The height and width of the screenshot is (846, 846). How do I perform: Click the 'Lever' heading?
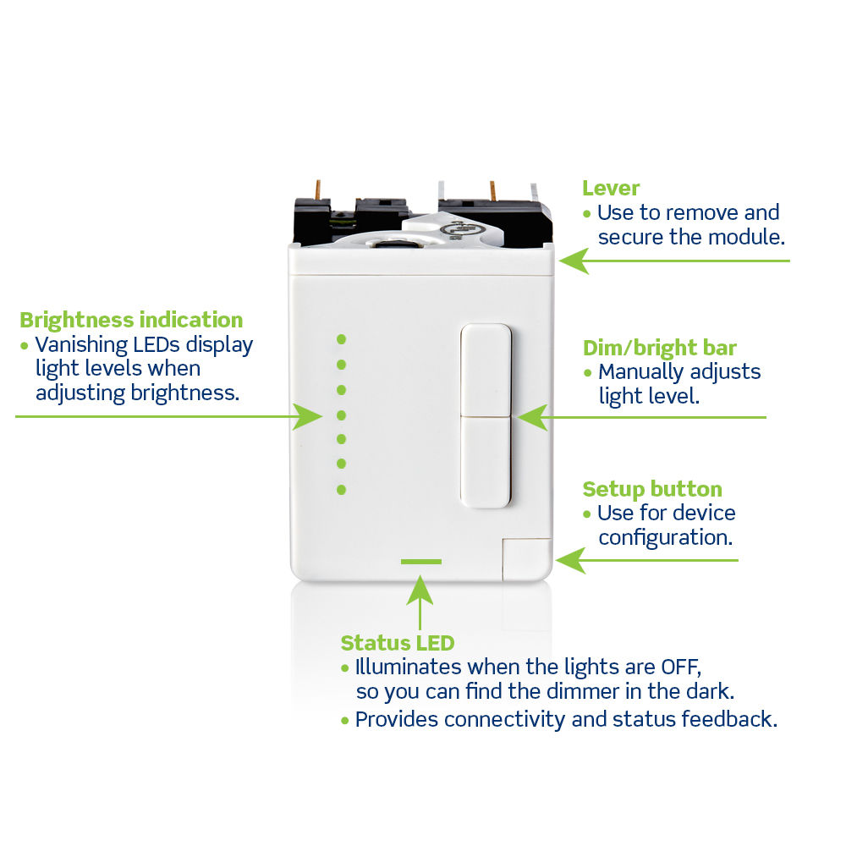point(611,188)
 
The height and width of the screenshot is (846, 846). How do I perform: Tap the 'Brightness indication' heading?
point(131,320)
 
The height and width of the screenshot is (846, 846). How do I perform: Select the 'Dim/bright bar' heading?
point(659,348)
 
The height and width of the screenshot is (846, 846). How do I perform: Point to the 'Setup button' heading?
point(652,489)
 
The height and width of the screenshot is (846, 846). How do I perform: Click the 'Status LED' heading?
point(397,643)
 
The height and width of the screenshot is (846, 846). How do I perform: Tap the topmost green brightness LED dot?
point(342,338)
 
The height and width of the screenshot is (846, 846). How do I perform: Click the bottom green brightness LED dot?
point(342,489)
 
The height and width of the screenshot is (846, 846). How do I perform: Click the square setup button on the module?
point(525,558)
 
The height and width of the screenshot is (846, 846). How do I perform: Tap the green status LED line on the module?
point(421,561)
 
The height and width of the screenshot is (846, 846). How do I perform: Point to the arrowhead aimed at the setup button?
point(570,559)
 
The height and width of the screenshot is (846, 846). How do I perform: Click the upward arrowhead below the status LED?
point(420,588)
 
